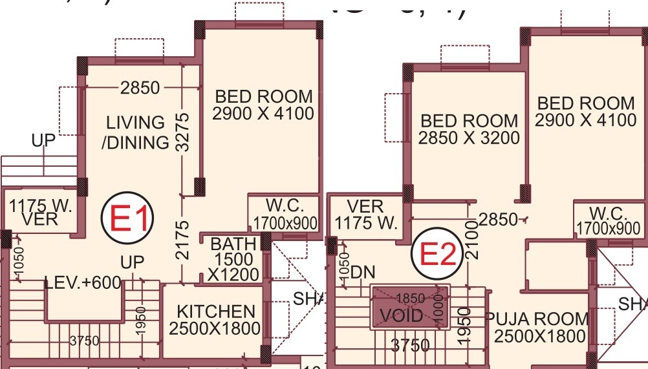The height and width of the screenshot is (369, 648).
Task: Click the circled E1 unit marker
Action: click(127, 218)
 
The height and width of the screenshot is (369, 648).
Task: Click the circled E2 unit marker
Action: click(437, 255)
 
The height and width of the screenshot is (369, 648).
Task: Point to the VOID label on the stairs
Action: click(401, 316)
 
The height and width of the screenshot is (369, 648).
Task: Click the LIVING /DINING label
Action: click(136, 132)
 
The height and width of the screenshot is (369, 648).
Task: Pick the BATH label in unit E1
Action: click(233, 244)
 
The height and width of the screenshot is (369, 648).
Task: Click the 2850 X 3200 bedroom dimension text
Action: click(469, 138)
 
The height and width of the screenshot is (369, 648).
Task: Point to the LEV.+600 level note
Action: click(83, 283)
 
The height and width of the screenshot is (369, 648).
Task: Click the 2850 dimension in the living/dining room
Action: click(140, 87)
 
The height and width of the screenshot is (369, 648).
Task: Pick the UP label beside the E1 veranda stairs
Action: click(44, 140)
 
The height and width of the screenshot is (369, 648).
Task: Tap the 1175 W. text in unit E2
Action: click(365, 224)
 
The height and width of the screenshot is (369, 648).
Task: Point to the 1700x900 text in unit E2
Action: click(609, 227)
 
